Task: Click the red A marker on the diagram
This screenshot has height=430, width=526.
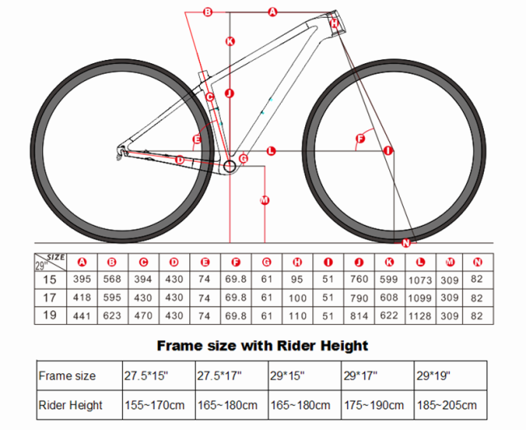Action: pos(273,12)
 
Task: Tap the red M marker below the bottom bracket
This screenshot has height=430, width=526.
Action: pos(265,200)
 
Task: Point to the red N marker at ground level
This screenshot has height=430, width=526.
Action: pos(406,243)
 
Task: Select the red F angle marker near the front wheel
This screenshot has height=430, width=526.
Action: pos(360,138)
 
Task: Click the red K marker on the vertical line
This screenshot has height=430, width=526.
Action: pos(230,41)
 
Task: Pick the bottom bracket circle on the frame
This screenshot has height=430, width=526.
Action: pos(230,166)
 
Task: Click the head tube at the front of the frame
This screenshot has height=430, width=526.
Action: pos(337,22)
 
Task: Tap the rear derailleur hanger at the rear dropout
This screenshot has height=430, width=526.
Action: pos(121,152)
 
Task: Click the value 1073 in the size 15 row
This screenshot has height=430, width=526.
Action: pos(420,280)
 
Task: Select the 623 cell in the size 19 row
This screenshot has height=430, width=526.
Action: pos(112,316)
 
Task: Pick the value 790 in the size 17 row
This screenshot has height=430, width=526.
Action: pos(359,298)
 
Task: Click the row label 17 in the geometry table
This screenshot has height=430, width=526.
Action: pos(49,297)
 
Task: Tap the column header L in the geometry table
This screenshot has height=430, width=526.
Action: pos(420,262)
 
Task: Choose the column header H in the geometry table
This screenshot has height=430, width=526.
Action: pos(297,262)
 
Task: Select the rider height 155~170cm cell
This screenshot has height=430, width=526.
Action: pos(155,405)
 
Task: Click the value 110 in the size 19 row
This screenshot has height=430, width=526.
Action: pos(298,316)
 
